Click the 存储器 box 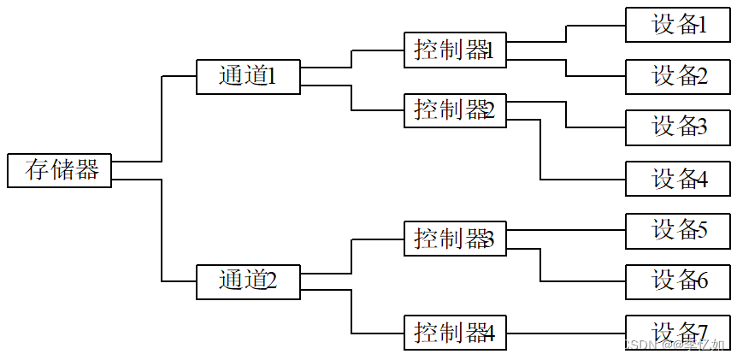coord(59,170)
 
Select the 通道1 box coord(248,77)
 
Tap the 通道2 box coord(248,281)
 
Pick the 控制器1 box coord(455,50)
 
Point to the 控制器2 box coord(455,110)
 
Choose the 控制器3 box coord(455,239)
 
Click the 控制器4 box coord(455,333)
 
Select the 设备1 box coord(677,25)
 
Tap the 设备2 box coord(677,76)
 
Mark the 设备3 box coord(677,127)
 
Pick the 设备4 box coord(677,179)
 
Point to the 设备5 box coord(677,230)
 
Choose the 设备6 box coord(677,281)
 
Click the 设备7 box coord(677,331)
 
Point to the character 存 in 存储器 coord(38,170)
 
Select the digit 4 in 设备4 coord(701,180)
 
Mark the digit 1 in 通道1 coord(271,77)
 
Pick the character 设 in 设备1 coord(663,25)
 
